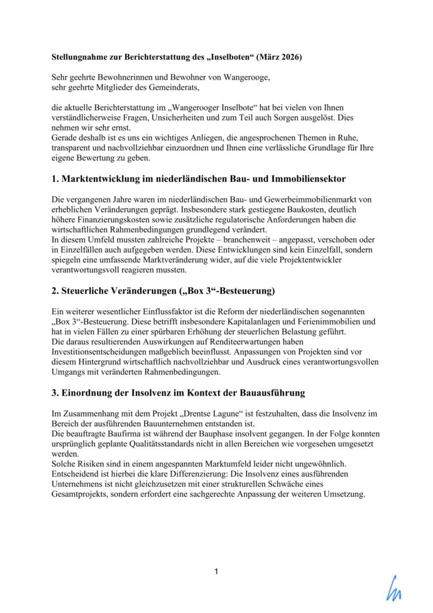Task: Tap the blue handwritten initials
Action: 394,588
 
